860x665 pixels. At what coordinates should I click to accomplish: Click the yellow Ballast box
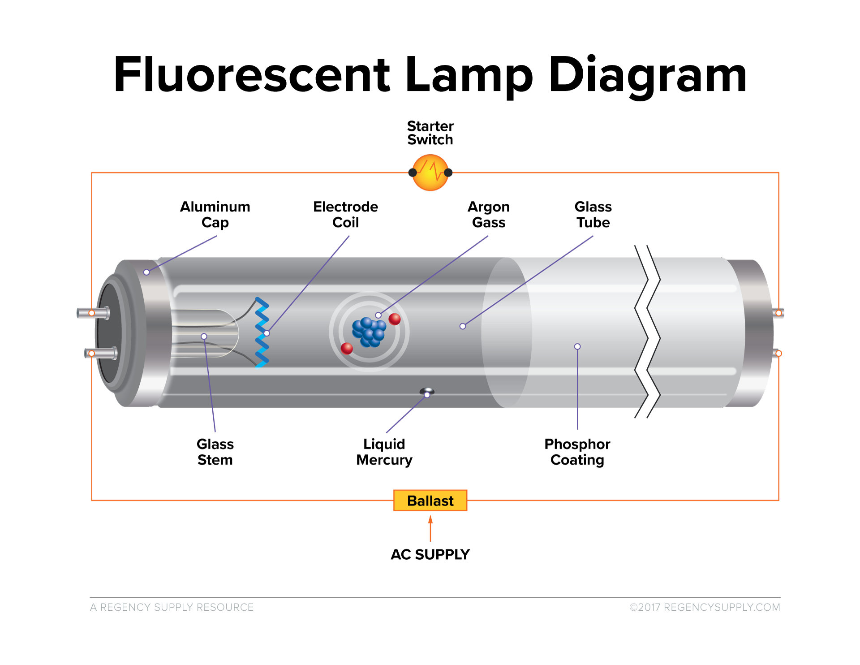pos(430,500)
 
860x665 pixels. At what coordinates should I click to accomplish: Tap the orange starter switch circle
pos(430,173)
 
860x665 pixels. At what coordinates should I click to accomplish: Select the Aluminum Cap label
pos(215,214)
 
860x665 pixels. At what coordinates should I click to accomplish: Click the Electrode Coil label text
pos(345,214)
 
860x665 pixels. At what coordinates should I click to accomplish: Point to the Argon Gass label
pos(489,214)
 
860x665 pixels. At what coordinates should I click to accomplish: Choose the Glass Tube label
pos(593,214)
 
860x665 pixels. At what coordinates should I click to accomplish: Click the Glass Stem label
pos(215,452)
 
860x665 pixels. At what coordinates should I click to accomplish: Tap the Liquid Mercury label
pos(384,452)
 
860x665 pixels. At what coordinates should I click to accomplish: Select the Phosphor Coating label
pos(577,452)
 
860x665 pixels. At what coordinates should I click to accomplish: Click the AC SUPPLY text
pos(430,554)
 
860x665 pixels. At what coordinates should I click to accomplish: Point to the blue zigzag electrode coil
pos(262,332)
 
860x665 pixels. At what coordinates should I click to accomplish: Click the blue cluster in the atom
pos(369,332)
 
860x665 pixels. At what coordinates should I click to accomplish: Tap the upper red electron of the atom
pos(395,319)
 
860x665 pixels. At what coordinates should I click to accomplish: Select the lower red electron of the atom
pos(347,348)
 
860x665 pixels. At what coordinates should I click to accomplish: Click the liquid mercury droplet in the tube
pos(427,392)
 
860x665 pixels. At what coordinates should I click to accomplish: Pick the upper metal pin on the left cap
pos(93,312)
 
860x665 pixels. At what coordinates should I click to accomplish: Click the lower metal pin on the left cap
pos(101,353)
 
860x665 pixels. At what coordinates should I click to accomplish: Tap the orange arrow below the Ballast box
pos(430,528)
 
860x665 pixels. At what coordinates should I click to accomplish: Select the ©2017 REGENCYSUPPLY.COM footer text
pos(705,607)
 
